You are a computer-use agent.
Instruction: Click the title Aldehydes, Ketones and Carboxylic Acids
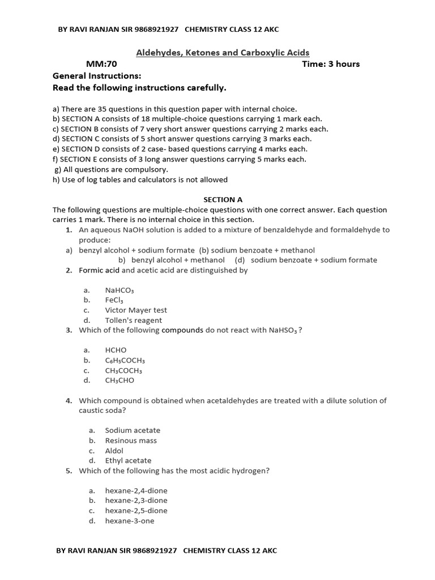(223, 53)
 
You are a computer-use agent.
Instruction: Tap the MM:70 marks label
(101, 64)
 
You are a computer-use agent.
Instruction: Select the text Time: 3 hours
(331, 64)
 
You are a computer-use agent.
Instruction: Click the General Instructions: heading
(97, 76)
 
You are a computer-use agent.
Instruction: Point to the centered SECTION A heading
(223, 199)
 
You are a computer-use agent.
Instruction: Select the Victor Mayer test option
(136, 310)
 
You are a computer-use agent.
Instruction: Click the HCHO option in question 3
(116, 350)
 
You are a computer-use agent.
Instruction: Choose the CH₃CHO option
(120, 381)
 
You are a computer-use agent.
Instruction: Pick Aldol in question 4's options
(114, 451)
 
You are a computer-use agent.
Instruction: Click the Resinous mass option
(131, 441)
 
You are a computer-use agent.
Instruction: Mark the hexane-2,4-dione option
(136, 491)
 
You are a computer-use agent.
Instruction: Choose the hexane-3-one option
(129, 521)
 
